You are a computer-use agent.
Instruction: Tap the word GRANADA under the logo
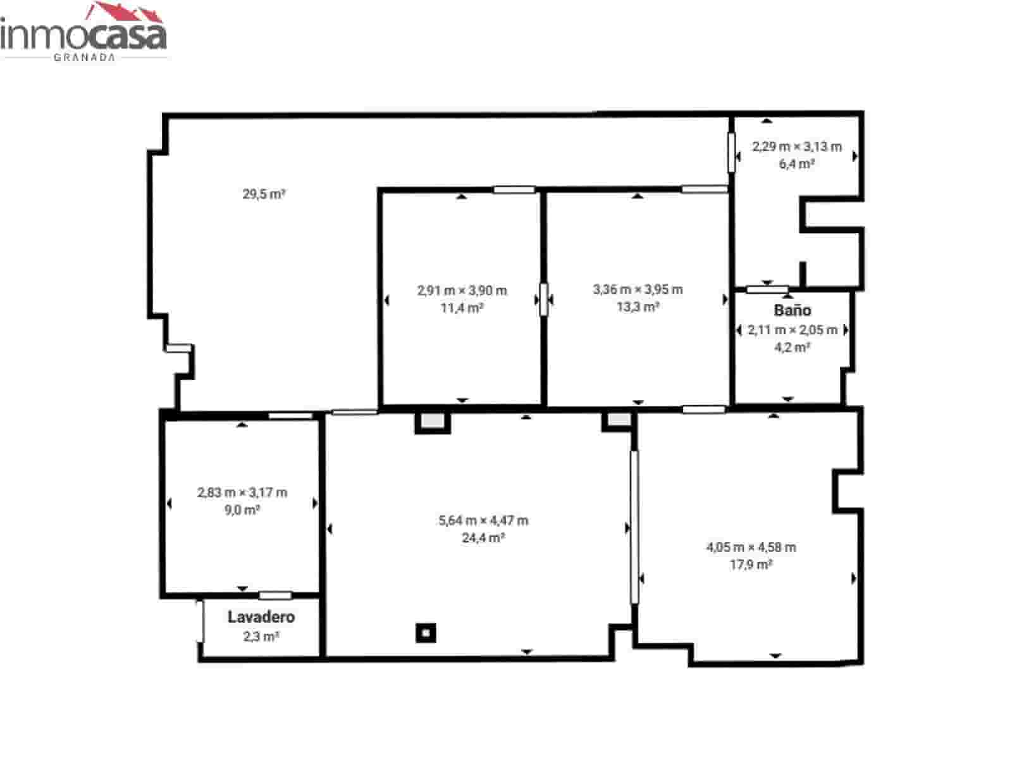click(84, 57)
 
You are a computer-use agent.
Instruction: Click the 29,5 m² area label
click(264, 194)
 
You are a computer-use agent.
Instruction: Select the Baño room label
click(792, 310)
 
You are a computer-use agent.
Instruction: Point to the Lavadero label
click(261, 617)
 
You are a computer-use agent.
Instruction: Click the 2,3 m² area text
click(261, 636)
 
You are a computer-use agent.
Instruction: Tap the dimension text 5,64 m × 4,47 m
click(483, 520)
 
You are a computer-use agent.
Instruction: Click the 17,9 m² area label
click(751, 565)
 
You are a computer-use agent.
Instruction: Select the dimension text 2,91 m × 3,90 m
click(462, 291)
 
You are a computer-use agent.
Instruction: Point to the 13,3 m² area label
click(638, 307)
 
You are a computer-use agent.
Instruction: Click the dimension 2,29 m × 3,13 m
click(796, 147)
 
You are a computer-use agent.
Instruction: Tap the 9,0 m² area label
click(242, 510)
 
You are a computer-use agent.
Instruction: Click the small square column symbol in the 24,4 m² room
click(426, 632)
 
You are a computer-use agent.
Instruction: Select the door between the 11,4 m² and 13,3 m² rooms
click(543, 299)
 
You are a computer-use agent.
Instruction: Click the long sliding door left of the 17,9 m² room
click(634, 526)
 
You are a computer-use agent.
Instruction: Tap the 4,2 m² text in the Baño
click(792, 347)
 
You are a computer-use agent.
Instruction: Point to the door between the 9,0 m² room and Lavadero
click(275, 595)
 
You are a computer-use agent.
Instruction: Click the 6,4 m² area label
click(796, 164)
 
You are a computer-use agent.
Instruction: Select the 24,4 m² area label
click(483, 538)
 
